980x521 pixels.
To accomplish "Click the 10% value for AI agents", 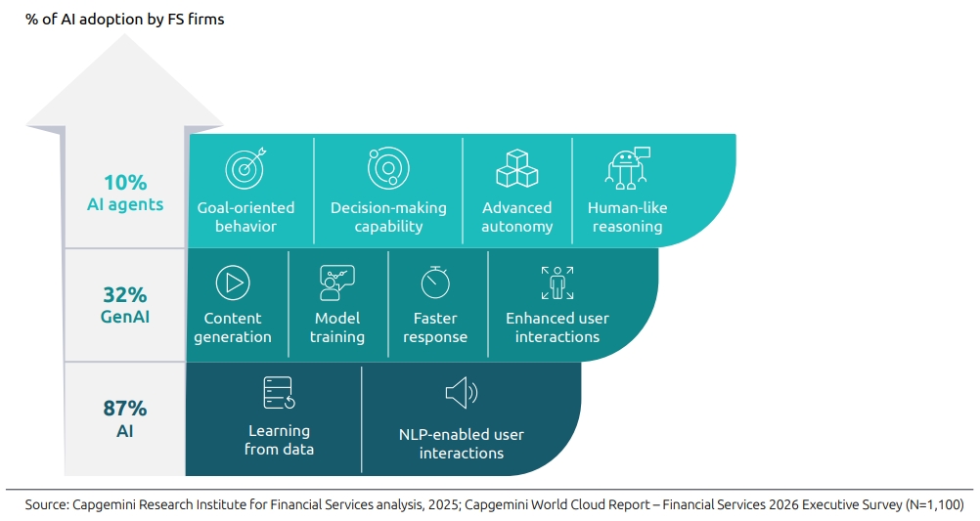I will tap(125, 183).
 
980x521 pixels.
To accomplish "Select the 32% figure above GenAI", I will tap(125, 294).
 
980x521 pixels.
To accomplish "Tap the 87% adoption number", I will tap(125, 408).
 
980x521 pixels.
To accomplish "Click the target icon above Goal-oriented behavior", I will tap(245, 168).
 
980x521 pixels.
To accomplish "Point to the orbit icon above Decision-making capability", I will tap(388, 168).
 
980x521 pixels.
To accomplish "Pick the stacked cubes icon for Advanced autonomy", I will tap(517, 169).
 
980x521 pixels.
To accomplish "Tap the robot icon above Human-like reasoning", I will tap(627, 167).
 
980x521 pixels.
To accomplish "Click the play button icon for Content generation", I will tap(233, 282).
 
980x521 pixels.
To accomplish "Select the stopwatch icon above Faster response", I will tap(435, 282).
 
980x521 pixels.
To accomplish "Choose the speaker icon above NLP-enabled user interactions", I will tap(461, 394).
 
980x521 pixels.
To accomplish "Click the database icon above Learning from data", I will tap(279, 393).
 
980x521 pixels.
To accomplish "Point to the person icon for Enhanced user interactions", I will tap(557, 282).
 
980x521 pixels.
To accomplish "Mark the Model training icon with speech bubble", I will tap(337, 282).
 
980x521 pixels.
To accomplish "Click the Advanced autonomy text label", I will tap(517, 217).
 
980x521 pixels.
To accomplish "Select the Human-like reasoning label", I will tap(627, 217).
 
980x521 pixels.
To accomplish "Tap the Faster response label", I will tap(435, 327).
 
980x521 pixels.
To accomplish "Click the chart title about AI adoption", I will tap(125, 19).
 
